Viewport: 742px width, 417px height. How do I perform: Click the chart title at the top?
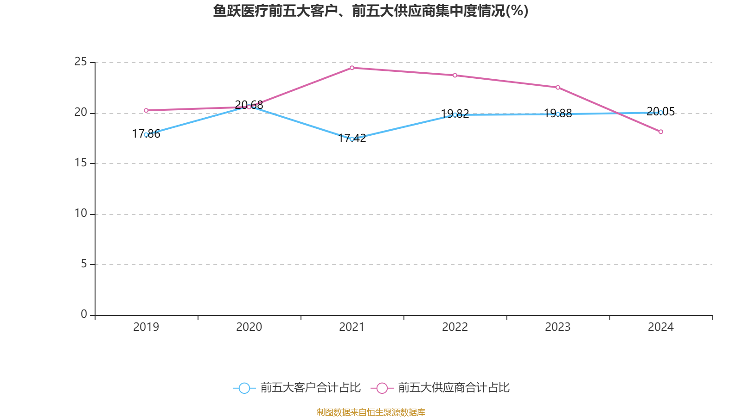tap(371, 11)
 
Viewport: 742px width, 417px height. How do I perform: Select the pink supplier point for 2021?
tap(352, 68)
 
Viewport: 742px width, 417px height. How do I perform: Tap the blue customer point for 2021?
tap(352, 139)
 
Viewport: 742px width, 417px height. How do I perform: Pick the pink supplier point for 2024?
tap(661, 132)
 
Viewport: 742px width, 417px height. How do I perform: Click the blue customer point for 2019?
tap(146, 135)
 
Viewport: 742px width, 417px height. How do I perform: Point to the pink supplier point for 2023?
tap(558, 88)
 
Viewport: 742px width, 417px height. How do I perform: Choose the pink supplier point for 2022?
tap(455, 76)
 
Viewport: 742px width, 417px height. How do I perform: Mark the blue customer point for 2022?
tap(455, 115)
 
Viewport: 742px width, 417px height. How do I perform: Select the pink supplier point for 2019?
tap(146, 111)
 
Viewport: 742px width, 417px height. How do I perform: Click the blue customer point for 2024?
tap(661, 113)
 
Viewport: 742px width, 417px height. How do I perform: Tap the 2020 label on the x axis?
tap(249, 327)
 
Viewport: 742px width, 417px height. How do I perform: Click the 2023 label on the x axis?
tap(558, 327)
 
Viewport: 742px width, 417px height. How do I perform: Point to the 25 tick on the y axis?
tap(81, 62)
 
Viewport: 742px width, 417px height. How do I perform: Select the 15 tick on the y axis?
tap(81, 163)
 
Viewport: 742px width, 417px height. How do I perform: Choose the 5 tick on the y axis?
tap(83, 264)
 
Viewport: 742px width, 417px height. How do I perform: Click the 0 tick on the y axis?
tap(83, 315)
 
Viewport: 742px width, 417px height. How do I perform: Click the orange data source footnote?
tap(371, 412)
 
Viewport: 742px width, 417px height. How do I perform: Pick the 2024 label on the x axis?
tap(661, 327)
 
